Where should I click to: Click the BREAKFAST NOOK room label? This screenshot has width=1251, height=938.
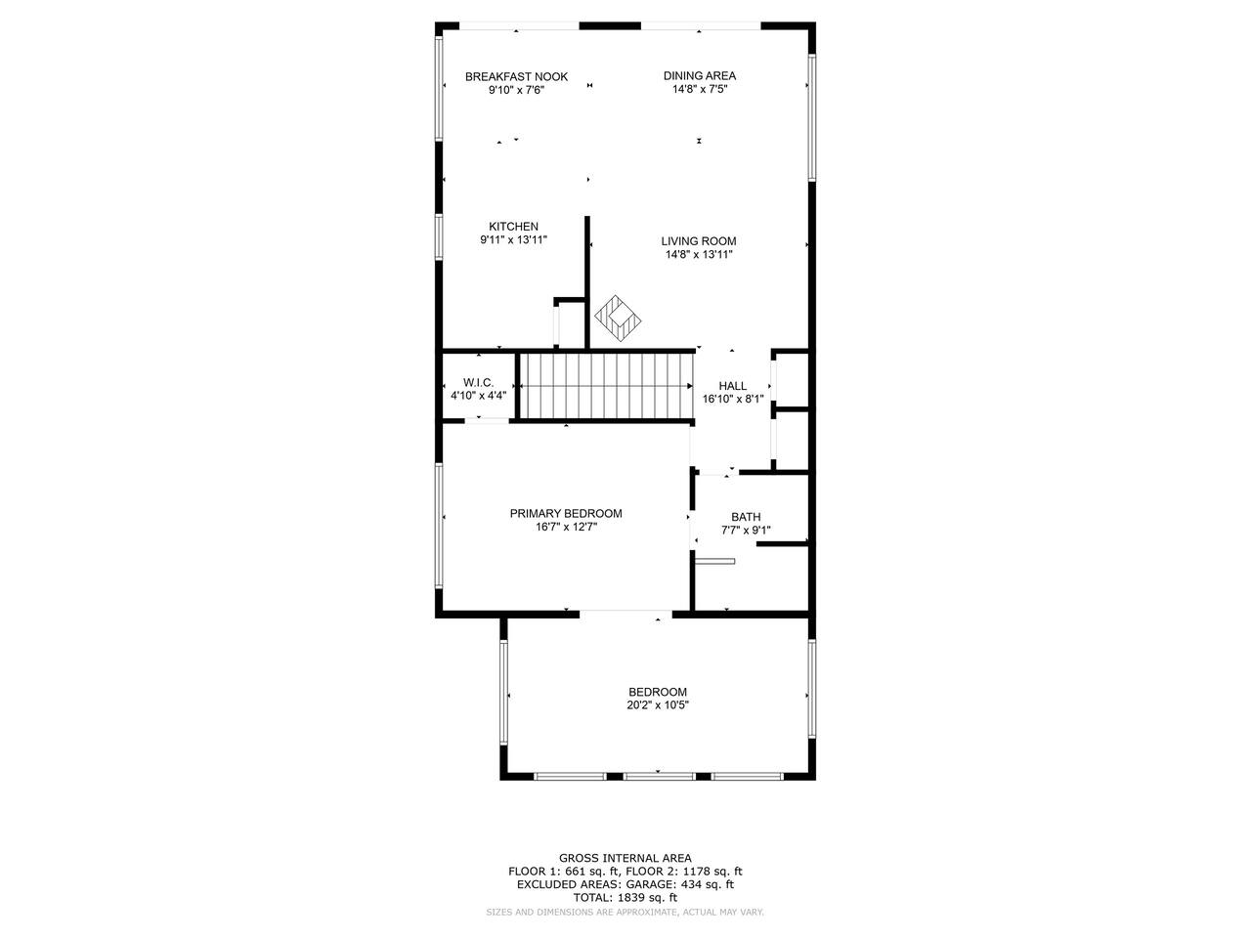point(516,77)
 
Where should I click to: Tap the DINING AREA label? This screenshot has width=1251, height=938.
point(700,76)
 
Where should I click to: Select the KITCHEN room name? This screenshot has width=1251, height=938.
point(513,227)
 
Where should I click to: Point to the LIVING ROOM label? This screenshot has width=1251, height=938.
point(699,241)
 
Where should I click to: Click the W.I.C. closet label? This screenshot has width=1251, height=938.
point(479,383)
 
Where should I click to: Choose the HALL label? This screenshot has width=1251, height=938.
point(733,386)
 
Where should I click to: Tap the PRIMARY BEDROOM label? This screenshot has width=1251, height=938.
point(566,514)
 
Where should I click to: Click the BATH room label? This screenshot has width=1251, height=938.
point(746,517)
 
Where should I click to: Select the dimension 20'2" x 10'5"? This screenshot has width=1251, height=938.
point(658,705)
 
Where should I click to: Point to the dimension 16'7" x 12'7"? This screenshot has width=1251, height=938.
point(566,528)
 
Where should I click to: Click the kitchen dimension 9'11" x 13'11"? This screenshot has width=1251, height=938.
point(513,240)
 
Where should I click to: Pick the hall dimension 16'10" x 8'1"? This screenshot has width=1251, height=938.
point(733,400)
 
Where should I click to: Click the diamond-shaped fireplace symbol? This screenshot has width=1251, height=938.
point(618,318)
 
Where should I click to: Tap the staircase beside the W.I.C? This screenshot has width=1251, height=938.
point(606,386)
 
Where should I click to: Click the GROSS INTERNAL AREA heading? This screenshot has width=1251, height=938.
point(625,858)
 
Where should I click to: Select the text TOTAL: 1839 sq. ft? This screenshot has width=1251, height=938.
point(625,898)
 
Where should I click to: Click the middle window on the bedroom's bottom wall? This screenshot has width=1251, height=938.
point(659,776)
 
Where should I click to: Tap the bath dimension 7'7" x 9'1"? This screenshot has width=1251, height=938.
point(746,531)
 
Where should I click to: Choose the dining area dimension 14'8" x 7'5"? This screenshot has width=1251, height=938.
point(700,90)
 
